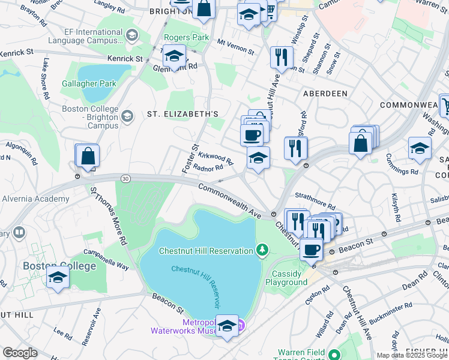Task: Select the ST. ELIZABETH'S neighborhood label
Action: pos(182,114)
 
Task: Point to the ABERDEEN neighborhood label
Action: pos(325,94)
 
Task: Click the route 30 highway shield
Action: pos(125,178)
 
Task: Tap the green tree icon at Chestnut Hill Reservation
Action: pos(262,250)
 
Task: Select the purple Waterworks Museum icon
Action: pos(241,326)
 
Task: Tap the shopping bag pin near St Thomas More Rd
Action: pos(88,156)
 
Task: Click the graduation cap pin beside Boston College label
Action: pos(58,278)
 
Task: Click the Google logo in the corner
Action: pos(20,352)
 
